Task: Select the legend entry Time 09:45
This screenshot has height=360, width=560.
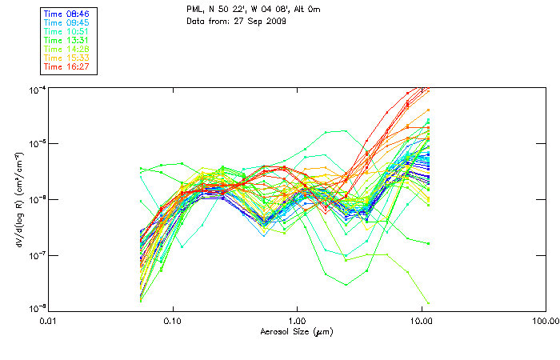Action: tap(66, 23)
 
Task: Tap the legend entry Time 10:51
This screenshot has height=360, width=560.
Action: tap(66, 31)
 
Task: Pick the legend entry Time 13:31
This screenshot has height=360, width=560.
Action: tap(66, 40)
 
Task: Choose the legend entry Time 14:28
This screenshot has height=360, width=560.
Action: tap(66, 49)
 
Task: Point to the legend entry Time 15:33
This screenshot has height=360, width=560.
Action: tap(66, 58)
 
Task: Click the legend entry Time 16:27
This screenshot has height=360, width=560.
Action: tap(66, 66)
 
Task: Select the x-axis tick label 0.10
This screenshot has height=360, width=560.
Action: tap(173, 321)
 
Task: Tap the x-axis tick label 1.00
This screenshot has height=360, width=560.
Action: tap(297, 321)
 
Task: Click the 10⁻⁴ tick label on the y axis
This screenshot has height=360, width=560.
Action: tap(35, 88)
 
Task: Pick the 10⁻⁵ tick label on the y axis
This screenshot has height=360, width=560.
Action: tap(35, 144)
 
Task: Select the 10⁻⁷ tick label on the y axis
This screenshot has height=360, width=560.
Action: tap(35, 255)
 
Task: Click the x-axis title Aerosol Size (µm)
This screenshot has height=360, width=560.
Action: tap(297, 331)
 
